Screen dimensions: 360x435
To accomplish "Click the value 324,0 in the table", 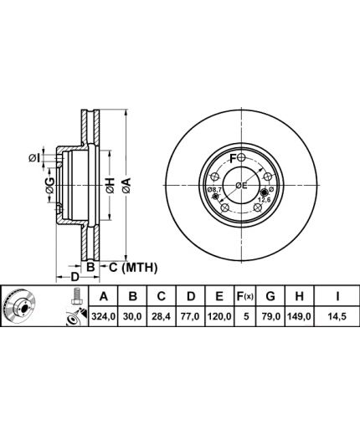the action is tap(104, 316).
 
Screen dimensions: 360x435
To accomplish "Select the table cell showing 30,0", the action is tap(133, 316).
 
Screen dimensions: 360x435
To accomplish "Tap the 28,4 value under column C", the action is tap(161, 316).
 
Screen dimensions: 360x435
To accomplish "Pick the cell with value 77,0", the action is tap(190, 316).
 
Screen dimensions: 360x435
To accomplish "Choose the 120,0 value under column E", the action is tap(219, 316).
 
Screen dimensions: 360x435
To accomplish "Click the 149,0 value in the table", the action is tap(299, 316).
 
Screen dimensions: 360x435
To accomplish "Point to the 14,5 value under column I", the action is tap(337, 316).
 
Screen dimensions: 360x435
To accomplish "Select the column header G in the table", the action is tap(270, 296).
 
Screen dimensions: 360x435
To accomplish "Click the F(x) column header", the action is tap(244, 296).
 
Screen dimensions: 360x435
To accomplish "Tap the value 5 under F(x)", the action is tap(246, 316).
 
